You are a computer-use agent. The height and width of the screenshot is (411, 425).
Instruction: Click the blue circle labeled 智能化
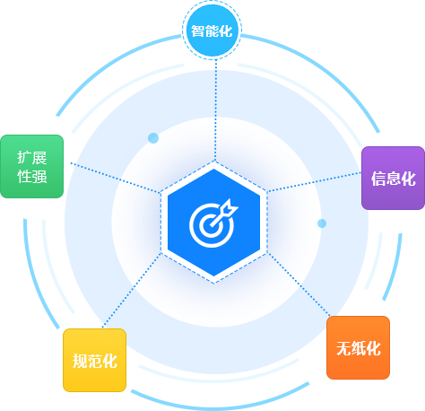pyautogui.click(x=212, y=31)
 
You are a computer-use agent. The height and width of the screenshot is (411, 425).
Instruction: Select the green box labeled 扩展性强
pyautogui.click(x=32, y=166)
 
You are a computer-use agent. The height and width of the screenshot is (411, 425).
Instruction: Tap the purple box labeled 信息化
pyautogui.click(x=393, y=178)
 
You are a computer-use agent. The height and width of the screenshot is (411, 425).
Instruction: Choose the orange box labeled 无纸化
pyautogui.click(x=358, y=347)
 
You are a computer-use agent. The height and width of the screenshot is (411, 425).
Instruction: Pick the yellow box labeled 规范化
pyautogui.click(x=94, y=360)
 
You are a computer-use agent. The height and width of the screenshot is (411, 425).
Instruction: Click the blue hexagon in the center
pyautogui.click(x=213, y=223)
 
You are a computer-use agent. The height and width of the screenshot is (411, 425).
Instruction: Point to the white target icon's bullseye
pyautogui.click(x=212, y=225)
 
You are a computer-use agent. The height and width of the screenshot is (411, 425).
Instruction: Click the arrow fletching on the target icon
pyautogui.click(x=230, y=207)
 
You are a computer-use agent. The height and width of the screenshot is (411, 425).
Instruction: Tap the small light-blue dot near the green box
pyautogui.click(x=153, y=138)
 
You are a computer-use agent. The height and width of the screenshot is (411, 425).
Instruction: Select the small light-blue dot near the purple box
pyautogui.click(x=322, y=223)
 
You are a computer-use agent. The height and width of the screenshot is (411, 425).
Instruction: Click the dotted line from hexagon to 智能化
pyautogui.click(x=215, y=109)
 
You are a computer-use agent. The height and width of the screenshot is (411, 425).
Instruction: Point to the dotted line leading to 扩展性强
pyautogui.click(x=116, y=178)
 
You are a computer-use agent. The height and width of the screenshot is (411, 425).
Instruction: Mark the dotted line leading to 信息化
pyautogui.click(x=315, y=181)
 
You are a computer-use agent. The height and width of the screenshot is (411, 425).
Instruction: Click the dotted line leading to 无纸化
pyautogui.click(x=299, y=284)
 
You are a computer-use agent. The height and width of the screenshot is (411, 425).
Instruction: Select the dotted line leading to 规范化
pyautogui.click(x=132, y=291)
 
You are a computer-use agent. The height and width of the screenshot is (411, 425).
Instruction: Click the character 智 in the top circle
pyautogui.click(x=197, y=31)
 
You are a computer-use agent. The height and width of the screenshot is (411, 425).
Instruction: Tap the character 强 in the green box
pyautogui.click(x=39, y=176)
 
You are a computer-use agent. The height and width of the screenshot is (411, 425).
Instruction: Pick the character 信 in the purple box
pyautogui.click(x=378, y=179)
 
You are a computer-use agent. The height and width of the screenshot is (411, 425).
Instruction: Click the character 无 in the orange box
pyautogui.click(x=343, y=348)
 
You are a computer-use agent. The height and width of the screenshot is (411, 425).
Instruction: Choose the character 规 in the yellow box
pyautogui.click(x=80, y=361)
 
